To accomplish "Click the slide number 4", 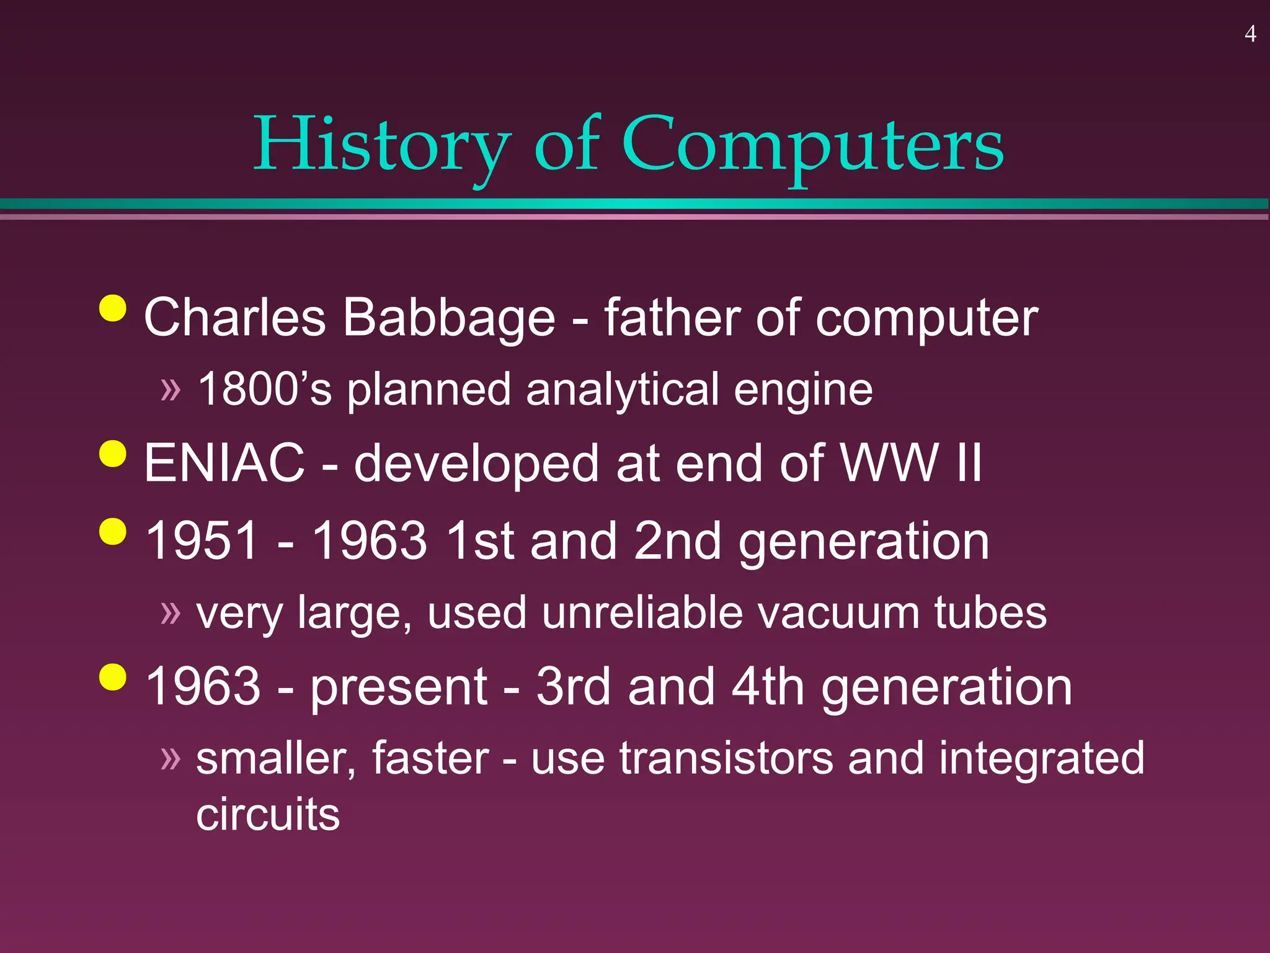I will coord(1250,34).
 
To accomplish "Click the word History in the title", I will coord(382,145).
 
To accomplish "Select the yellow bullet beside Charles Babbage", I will coord(113,308).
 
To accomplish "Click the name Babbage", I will coord(449,318).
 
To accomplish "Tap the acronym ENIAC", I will coord(224,463).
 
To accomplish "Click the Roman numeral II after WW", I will coord(969,463).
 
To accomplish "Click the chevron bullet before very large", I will coord(171,613).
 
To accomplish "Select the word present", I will coord(399,686).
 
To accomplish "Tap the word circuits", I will coord(268,814).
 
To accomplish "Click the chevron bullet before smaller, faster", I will coord(171,758).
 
